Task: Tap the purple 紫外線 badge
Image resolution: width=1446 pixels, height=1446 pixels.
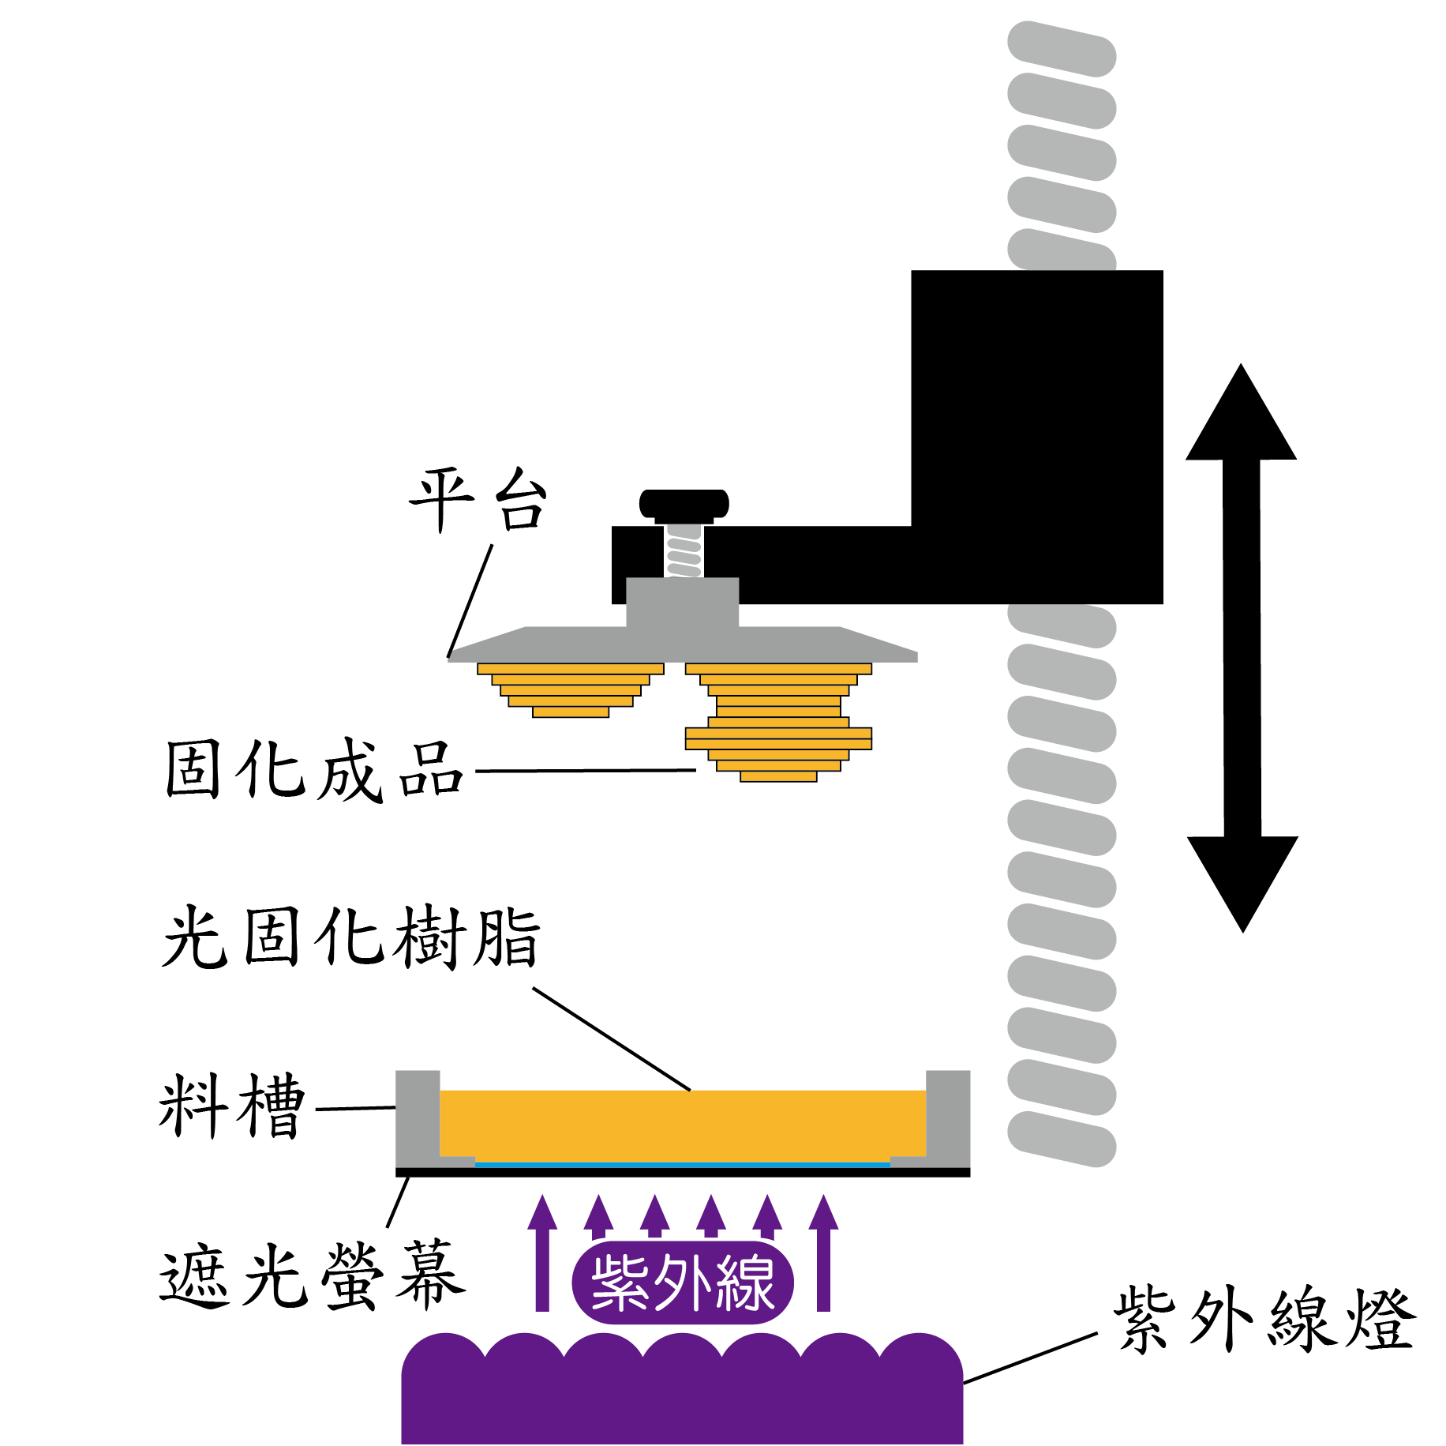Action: (683, 1283)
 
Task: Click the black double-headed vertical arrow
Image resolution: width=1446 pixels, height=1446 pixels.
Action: (1242, 648)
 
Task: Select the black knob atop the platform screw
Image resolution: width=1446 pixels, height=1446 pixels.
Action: (684, 503)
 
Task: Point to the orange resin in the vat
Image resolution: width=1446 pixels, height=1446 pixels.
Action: (683, 1125)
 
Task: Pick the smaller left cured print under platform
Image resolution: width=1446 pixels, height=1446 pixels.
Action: (571, 689)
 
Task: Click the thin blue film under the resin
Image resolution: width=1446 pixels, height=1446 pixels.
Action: (683, 1164)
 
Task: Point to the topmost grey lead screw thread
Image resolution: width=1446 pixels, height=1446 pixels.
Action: (1062, 49)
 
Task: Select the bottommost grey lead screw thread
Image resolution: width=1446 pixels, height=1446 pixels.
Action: (1062, 1139)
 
